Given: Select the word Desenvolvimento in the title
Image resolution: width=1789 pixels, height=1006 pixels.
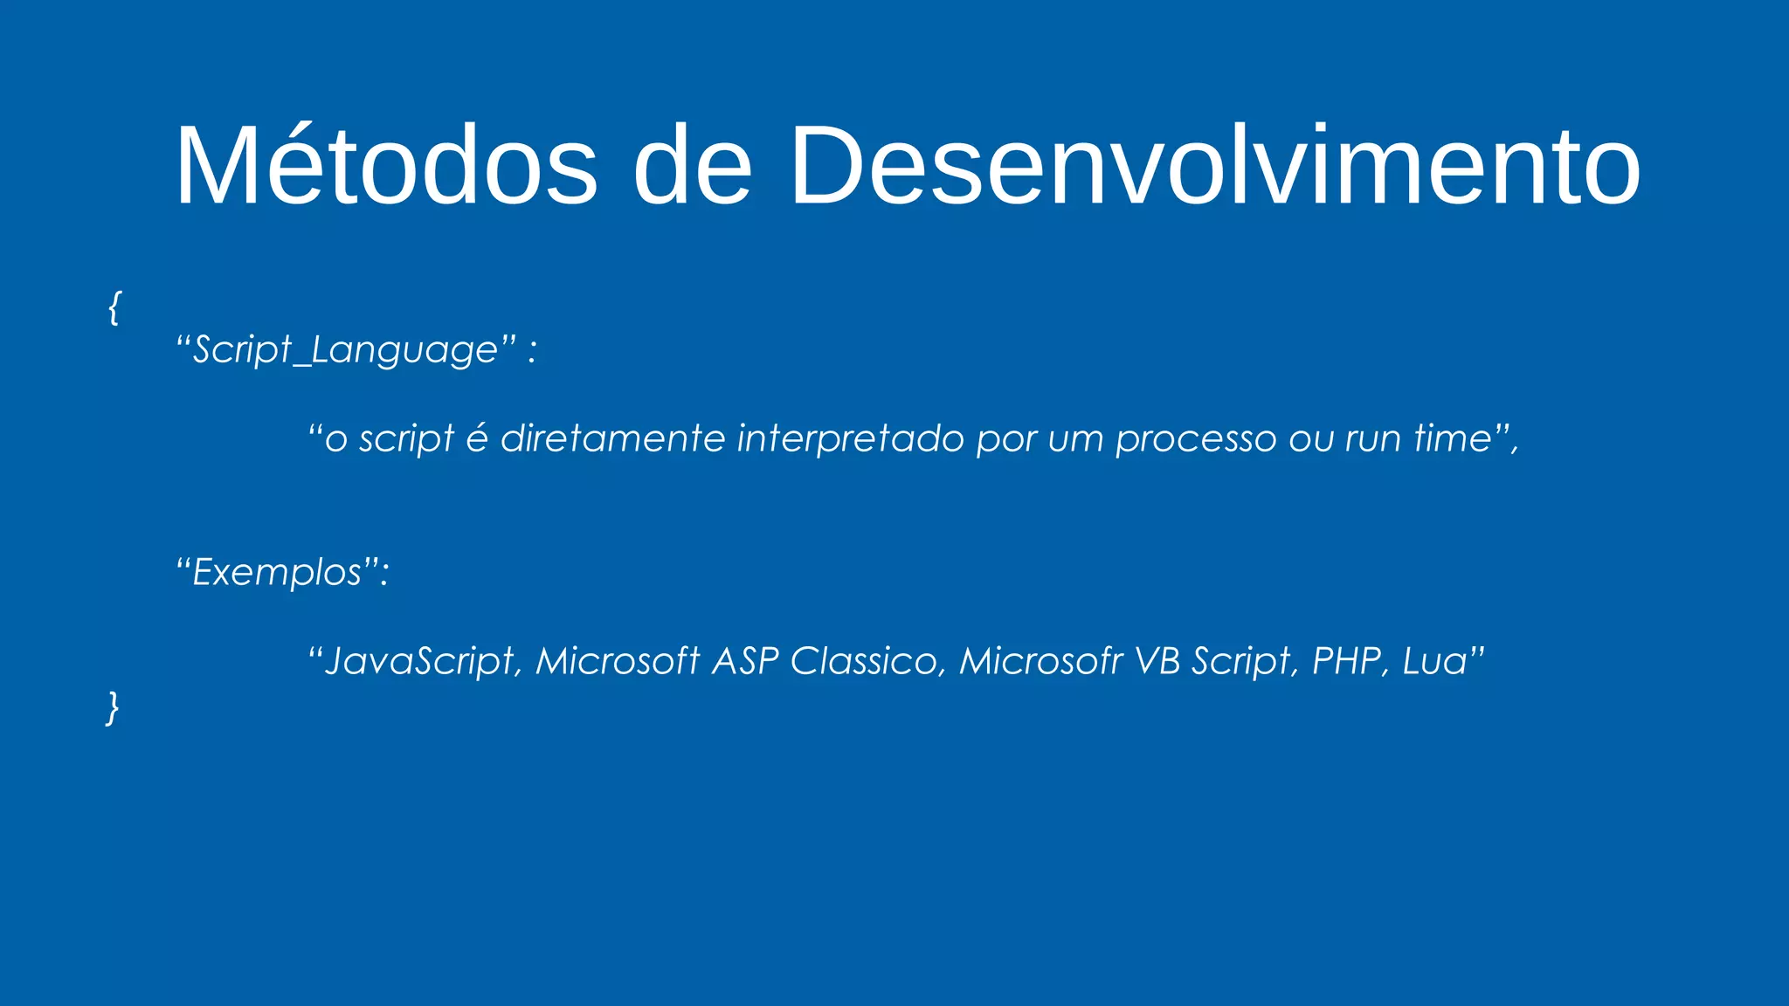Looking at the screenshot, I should click(1214, 166).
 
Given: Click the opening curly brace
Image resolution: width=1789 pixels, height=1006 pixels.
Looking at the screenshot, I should click(114, 307).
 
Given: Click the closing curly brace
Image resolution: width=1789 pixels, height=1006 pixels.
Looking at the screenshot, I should click(113, 706).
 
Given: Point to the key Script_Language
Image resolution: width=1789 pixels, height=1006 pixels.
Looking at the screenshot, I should click(345, 350).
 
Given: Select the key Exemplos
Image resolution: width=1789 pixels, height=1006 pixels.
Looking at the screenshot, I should click(277, 573).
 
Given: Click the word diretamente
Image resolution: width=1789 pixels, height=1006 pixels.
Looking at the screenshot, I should click(612, 438).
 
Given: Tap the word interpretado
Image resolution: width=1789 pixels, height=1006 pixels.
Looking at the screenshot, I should click(851, 438).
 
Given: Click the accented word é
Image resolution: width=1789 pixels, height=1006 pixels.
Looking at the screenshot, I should click(477, 438).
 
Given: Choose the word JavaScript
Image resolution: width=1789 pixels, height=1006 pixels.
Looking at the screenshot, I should click(420, 661).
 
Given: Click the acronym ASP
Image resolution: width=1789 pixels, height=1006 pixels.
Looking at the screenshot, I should click(745, 661).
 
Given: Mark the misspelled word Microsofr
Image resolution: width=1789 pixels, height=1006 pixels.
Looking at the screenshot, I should click(1040, 661).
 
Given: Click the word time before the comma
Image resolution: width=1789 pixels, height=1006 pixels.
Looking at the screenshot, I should click(1452, 438).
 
